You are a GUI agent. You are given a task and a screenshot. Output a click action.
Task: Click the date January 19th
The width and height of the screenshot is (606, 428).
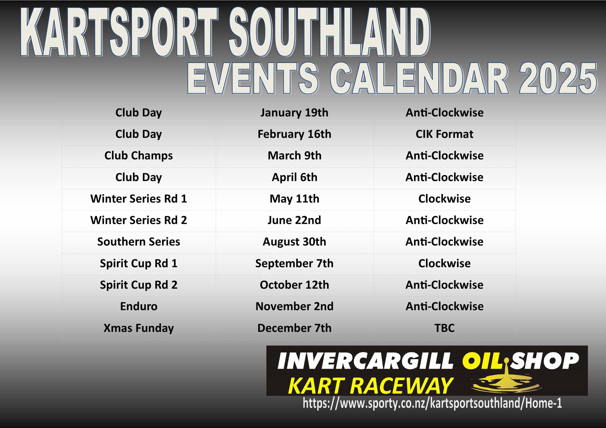294,113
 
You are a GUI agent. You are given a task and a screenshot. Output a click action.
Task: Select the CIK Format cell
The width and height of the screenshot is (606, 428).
444,134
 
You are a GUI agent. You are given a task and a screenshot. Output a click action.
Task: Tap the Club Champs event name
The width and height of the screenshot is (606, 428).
139,156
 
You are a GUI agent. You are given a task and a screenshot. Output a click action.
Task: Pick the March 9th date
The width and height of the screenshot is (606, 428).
294,155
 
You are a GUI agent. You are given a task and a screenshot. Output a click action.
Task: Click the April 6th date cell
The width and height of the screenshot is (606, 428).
294,177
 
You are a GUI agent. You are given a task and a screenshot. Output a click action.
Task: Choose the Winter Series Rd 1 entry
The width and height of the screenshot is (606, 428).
139,199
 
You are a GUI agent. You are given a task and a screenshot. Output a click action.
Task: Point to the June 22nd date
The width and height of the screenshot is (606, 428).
294,220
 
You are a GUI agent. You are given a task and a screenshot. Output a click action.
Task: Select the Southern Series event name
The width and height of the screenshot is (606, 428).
139,242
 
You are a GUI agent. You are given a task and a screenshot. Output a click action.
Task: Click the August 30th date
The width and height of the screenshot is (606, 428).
294,242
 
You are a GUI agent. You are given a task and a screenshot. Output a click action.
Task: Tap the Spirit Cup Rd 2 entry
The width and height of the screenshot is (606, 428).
139,285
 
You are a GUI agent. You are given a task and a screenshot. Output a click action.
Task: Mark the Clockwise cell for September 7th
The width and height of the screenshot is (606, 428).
444,263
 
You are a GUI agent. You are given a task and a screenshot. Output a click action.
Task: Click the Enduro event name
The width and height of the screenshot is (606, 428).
139,306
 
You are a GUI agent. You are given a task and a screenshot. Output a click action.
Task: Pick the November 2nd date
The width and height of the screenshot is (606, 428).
294,306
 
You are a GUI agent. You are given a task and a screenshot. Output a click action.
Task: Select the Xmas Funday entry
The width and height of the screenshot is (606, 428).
139,328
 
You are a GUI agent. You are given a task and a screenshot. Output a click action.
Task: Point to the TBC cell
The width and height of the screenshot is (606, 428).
444,328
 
